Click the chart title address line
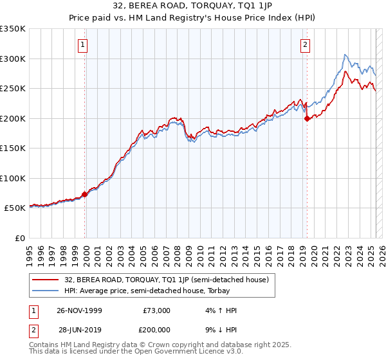(x=192, y=6)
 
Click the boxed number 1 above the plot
(x=84, y=44)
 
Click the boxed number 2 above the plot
(x=304, y=44)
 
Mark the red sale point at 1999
(x=85, y=194)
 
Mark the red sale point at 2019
(x=308, y=118)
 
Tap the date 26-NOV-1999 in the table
(x=78, y=310)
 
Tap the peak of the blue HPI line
(x=345, y=55)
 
